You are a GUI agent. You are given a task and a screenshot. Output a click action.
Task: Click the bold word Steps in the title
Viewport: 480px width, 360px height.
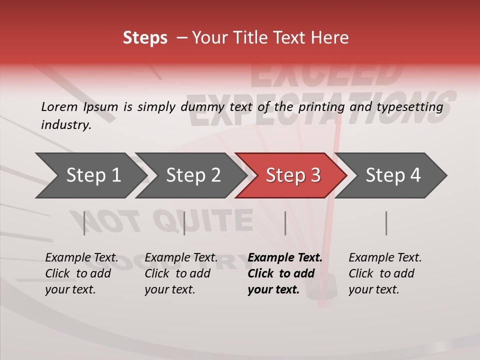point(145,38)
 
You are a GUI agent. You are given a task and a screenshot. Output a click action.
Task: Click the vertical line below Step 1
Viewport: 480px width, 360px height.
point(84,223)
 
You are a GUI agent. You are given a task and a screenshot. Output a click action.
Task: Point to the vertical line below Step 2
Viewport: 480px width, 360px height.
point(184,223)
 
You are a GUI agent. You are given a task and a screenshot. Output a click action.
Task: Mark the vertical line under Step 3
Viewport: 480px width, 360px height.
point(285,223)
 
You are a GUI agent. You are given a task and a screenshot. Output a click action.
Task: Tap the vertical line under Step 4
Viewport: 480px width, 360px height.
point(386,223)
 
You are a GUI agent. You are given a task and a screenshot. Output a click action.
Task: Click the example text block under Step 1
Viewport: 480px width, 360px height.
point(81,273)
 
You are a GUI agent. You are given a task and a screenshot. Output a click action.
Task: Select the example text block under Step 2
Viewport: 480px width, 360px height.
point(180,273)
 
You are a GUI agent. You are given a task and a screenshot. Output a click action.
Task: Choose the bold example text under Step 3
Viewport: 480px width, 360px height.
point(284,273)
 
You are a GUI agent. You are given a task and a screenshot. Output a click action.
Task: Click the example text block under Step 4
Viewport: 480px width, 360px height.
point(384,273)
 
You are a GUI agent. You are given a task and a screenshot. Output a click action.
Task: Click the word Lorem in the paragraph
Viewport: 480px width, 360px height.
point(59,107)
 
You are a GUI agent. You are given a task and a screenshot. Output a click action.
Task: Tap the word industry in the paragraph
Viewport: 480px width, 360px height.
point(65,125)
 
